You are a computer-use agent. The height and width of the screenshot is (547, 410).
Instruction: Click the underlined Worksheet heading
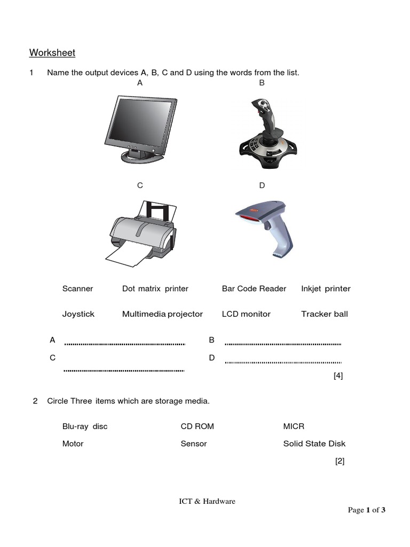[x=52, y=53]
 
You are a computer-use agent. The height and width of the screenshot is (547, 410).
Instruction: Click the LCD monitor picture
[x=140, y=128]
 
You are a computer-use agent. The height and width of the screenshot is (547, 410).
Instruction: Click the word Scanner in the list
[x=77, y=288]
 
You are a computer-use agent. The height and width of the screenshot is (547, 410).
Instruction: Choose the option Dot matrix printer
[x=155, y=288]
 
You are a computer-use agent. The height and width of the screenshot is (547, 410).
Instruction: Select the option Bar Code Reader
[x=254, y=288]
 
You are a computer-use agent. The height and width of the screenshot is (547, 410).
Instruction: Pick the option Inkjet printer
[x=326, y=288]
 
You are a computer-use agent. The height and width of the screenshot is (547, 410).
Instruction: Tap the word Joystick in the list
[x=78, y=314]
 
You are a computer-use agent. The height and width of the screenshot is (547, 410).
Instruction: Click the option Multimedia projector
[x=162, y=314]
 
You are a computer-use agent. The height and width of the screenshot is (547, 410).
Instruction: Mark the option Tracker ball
[x=324, y=314]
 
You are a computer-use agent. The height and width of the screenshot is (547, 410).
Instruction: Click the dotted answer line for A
[x=124, y=344]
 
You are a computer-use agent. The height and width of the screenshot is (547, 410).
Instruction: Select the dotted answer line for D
[x=283, y=362]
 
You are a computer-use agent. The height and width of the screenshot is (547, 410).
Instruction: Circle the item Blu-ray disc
[x=85, y=426]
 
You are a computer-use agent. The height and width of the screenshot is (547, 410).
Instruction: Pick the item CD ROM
[x=197, y=426]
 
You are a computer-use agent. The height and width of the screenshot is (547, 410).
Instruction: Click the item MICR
[x=294, y=426]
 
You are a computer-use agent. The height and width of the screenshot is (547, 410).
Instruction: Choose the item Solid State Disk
[x=314, y=443]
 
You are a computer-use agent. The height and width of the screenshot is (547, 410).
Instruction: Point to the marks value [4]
[x=338, y=376]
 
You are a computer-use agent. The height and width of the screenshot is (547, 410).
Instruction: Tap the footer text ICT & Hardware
[x=207, y=501]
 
